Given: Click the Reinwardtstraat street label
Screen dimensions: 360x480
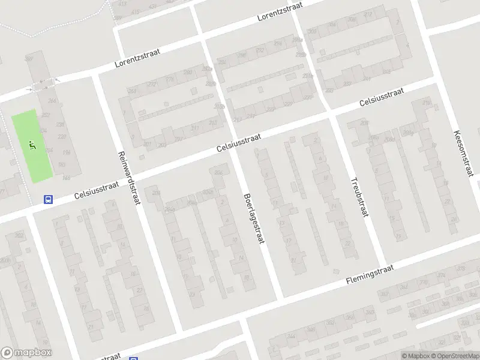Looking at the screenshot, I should (x=129, y=177).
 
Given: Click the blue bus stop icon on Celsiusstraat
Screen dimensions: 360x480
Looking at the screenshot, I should (x=49, y=200).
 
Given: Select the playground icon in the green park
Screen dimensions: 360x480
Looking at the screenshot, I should (x=32, y=144).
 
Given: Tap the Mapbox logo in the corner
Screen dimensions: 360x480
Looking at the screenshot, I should (x=26, y=353).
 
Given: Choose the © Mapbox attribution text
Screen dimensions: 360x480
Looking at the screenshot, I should (x=415, y=356).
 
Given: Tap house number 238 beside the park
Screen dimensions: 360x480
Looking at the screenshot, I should (x=60, y=124).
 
